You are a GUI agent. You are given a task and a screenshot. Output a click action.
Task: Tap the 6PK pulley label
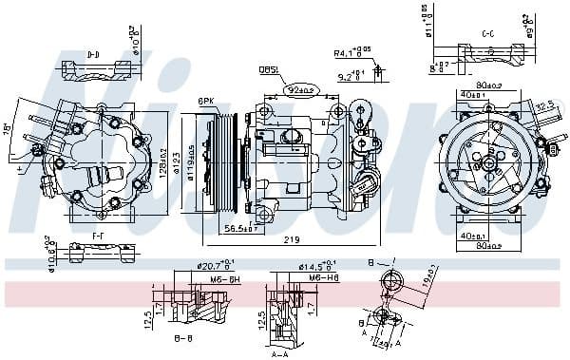[x=206, y=102]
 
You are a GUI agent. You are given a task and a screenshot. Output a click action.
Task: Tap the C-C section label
[x=487, y=33]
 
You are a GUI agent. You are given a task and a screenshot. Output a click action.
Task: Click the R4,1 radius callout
[x=351, y=53]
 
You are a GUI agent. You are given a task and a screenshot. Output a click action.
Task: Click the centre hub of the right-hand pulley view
[x=487, y=163]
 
